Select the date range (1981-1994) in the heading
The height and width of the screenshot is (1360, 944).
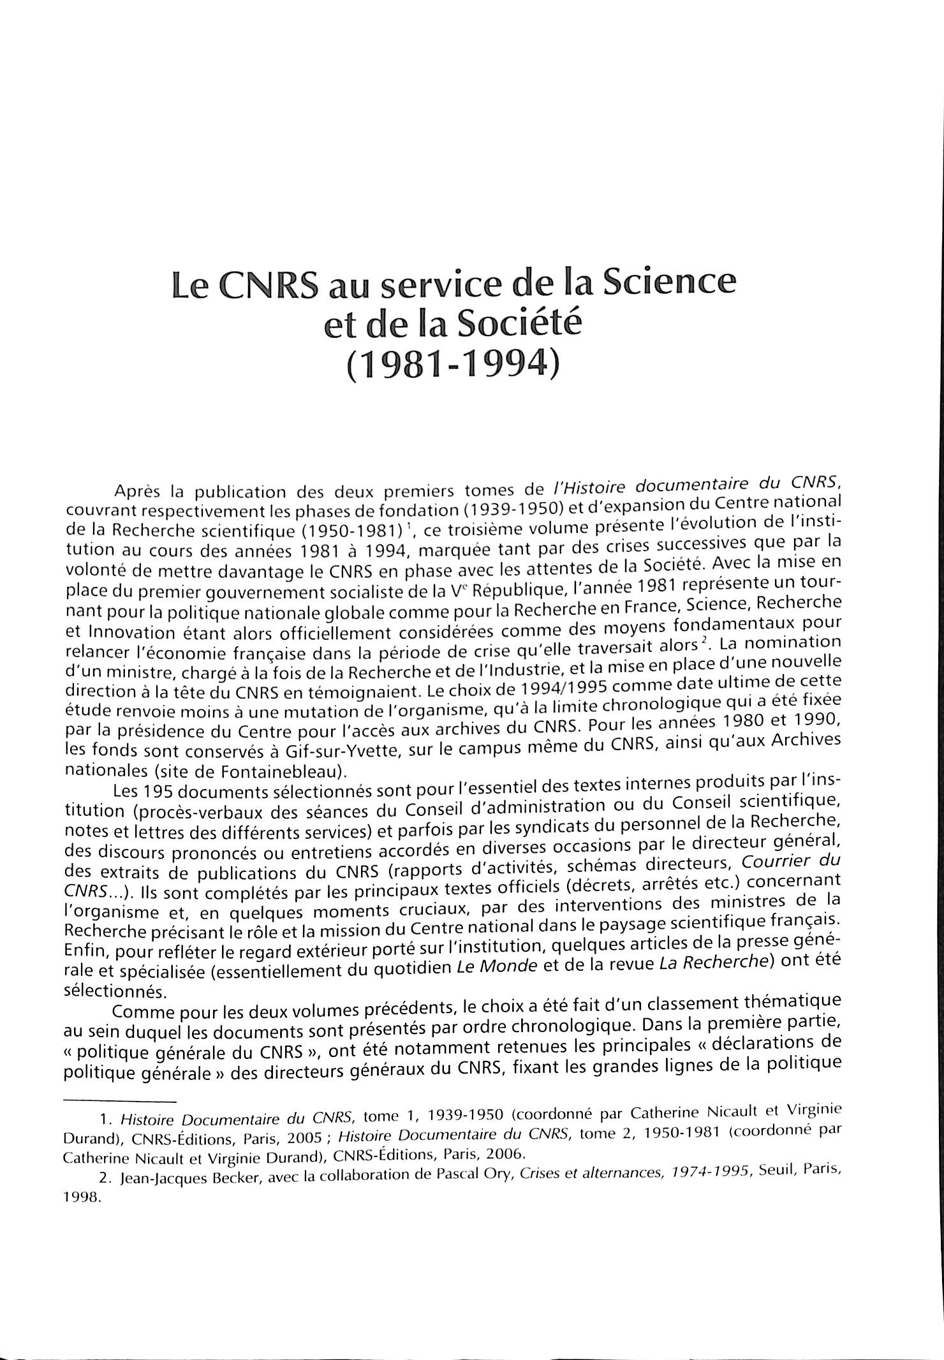click(452, 366)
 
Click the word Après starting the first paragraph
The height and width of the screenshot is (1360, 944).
click(136, 492)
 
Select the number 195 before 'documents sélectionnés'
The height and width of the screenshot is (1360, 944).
click(158, 791)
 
